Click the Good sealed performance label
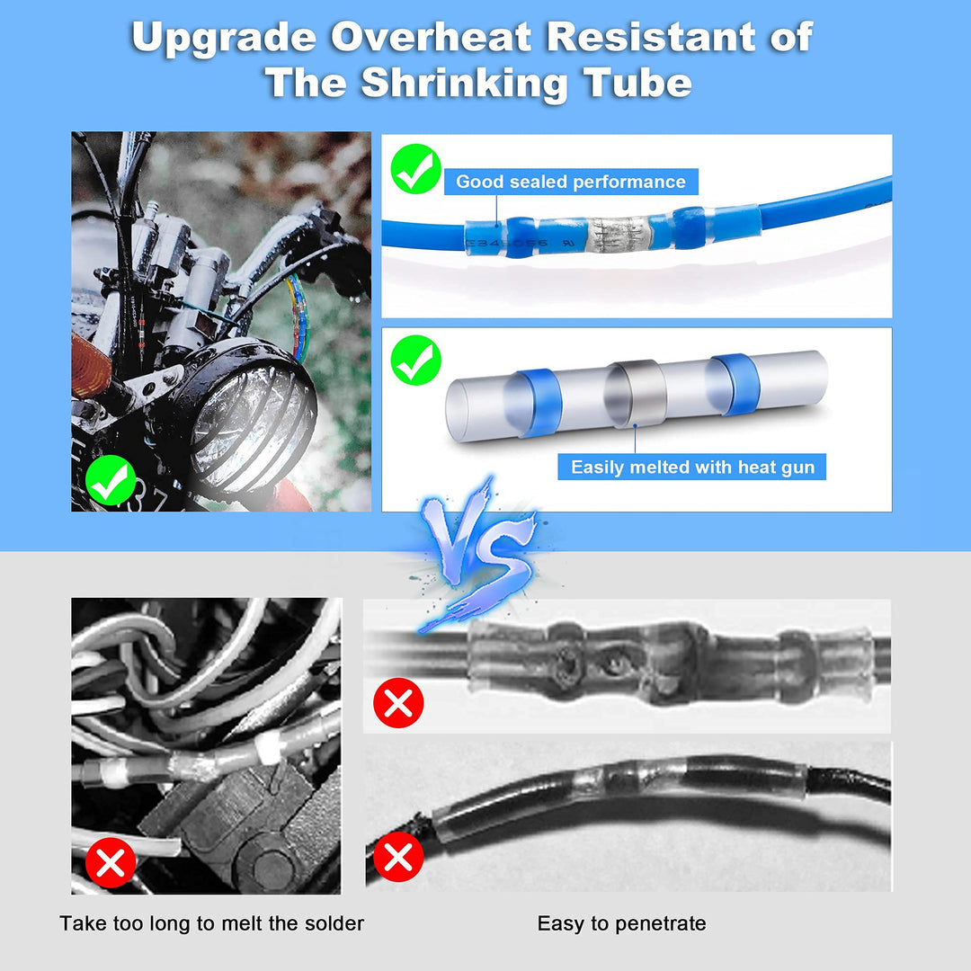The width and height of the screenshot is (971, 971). click(x=571, y=182)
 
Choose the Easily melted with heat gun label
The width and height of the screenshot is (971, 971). click(x=691, y=467)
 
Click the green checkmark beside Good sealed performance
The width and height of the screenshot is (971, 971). click(x=415, y=171)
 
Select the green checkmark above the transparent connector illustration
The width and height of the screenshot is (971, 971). click(x=416, y=360)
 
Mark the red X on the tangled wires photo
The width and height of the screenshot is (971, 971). click(x=111, y=863)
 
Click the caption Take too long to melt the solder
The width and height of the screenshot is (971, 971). click(x=211, y=922)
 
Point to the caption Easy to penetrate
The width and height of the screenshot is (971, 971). click(x=621, y=922)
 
